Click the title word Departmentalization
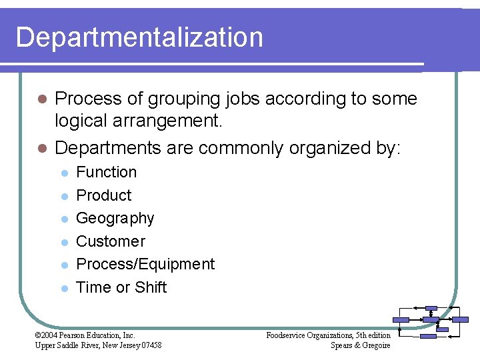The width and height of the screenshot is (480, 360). tap(139, 37)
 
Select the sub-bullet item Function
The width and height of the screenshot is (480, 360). tap(107, 172)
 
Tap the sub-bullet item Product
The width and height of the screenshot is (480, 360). tap(104, 195)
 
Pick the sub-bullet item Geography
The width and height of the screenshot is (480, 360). tap(115, 218)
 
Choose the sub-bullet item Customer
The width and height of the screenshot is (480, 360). tap(111, 241)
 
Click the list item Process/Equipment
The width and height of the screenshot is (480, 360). tap(145, 264)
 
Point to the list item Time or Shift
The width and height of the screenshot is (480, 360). tap(121, 287)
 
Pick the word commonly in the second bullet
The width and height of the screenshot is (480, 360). tap(241, 147)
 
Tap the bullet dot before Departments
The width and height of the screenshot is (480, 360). tap(41, 148)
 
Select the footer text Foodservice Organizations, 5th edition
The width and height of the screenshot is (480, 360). tap(328, 335)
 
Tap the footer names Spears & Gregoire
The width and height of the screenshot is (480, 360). tap(360, 345)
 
